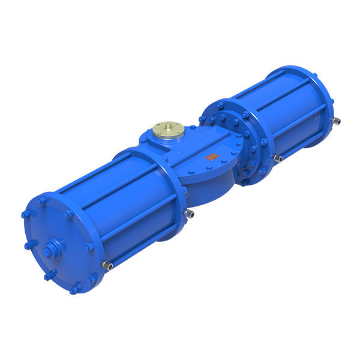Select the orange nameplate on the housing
pos(211,157)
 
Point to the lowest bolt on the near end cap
pos(75,290)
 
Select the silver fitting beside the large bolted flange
pos(278,158)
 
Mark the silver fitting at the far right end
pos(337,121)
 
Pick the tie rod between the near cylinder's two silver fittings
pos(147,239)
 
